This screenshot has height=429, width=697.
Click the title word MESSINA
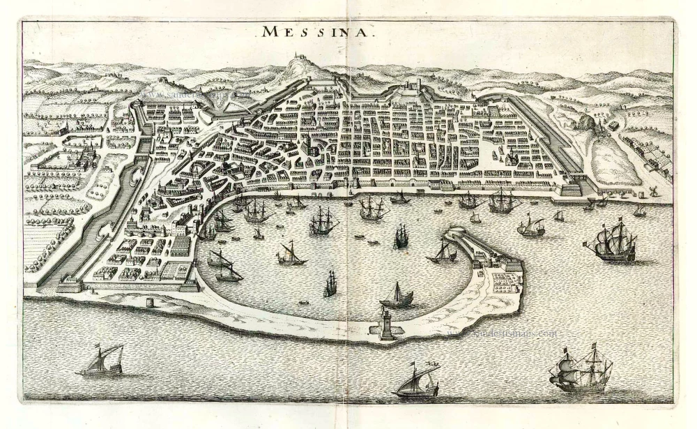(318, 31)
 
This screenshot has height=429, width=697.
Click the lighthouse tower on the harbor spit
(388, 324)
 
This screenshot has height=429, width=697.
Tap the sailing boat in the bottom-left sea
(102, 361)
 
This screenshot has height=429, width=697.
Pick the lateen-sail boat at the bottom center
(417, 380)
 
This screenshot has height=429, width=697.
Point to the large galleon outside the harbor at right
(612, 241)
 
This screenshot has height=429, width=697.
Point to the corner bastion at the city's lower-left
(69, 285)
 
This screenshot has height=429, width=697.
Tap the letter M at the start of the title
(269, 31)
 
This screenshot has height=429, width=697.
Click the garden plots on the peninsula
(502, 279)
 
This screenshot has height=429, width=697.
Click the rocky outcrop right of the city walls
(602, 126)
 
